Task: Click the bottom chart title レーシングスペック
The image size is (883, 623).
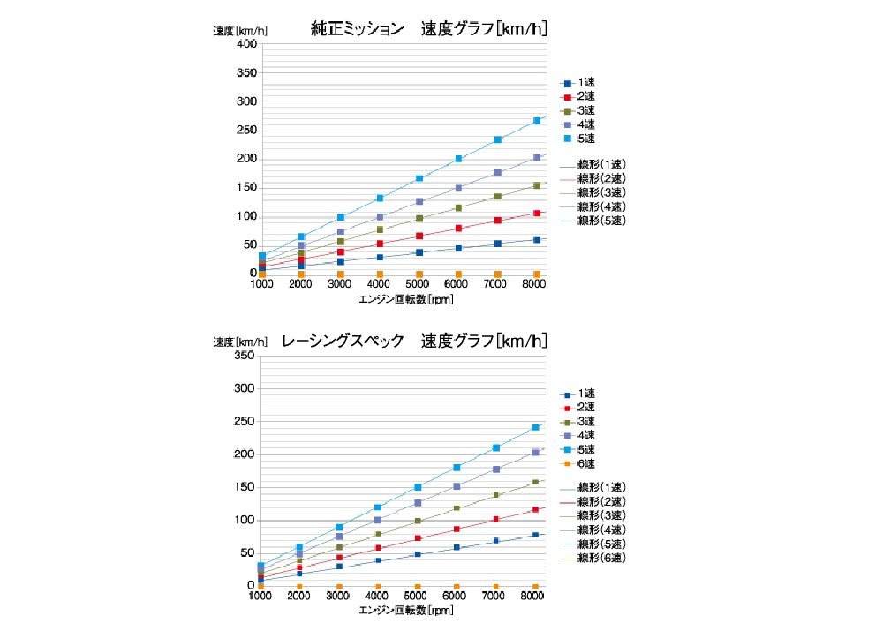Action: coord(343,341)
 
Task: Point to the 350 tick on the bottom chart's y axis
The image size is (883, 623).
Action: coord(244,356)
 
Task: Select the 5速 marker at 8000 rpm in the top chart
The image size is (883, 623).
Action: coord(537,121)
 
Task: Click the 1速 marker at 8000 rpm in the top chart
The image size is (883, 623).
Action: coord(537,239)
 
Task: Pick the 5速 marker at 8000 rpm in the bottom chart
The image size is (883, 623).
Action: coord(536,428)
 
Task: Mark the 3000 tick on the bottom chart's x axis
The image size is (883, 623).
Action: coord(340,597)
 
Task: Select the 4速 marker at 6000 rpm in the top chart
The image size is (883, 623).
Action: coord(458,188)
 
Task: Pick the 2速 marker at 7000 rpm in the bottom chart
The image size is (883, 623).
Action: coord(496,519)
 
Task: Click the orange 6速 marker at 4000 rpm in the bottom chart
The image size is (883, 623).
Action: coord(378,586)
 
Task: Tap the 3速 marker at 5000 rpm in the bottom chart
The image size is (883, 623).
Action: coord(418,521)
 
